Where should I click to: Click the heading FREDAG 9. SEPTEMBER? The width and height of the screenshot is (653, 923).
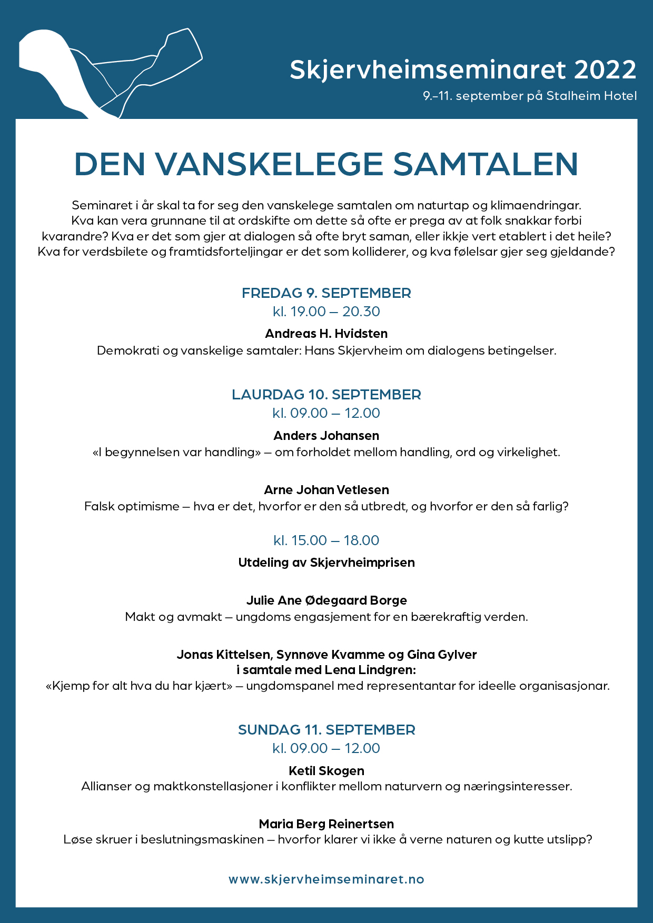[326, 293]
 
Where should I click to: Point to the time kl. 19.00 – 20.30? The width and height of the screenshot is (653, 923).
[326, 312]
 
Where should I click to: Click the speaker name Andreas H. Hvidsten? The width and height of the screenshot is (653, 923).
[326, 334]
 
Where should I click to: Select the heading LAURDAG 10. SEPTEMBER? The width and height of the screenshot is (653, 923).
[326, 395]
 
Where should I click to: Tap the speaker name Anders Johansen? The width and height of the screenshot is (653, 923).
[326, 436]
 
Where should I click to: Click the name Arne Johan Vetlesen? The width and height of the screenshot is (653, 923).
[326, 490]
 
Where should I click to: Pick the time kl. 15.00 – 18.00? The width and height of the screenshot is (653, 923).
[326, 540]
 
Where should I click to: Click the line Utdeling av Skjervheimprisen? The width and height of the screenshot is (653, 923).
[326, 563]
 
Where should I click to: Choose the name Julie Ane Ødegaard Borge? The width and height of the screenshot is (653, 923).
[326, 600]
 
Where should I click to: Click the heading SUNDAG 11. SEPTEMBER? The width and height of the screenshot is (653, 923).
[326, 730]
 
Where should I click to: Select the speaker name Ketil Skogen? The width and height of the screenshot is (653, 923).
[326, 771]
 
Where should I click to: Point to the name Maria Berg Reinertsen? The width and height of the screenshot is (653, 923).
[326, 824]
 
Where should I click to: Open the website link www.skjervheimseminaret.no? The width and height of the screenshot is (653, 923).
[326, 879]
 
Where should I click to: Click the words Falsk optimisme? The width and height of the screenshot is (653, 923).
[132, 507]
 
